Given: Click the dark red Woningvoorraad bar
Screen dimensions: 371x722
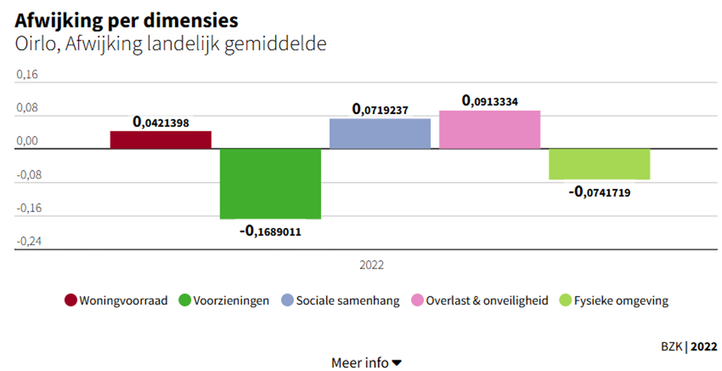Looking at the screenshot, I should coord(160,140).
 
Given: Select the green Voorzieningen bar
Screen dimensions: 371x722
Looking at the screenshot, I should coord(270,184).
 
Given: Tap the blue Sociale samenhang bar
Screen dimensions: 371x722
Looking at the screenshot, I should coord(380,133).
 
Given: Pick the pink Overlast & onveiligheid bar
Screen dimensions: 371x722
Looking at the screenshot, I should coord(490,129).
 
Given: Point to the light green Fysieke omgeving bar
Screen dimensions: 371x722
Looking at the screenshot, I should coord(600,164).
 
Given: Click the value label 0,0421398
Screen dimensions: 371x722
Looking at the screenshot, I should coord(160,122).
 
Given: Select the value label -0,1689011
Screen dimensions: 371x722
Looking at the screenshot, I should coord(270,230).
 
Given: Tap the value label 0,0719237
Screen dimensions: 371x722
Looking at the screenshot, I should coord(380,109).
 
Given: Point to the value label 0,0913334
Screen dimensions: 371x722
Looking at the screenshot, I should coord(490,101).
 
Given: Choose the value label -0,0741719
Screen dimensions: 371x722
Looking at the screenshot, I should coord(600,191).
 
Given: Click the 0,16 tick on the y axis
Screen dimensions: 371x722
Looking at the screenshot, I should coord(26,75).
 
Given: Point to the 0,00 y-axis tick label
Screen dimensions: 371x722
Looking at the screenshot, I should coord(26,142).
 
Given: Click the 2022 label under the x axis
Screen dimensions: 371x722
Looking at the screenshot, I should coord(371,265).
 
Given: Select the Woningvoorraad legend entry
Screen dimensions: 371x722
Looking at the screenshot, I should coord(116,301).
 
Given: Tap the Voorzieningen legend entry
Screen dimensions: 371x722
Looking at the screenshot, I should coord(225,301).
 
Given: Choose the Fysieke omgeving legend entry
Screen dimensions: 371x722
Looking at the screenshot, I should coord(615,301).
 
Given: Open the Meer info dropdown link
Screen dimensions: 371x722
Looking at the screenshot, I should coord(366,363).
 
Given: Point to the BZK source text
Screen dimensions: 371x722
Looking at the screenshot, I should coord(672,346).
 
